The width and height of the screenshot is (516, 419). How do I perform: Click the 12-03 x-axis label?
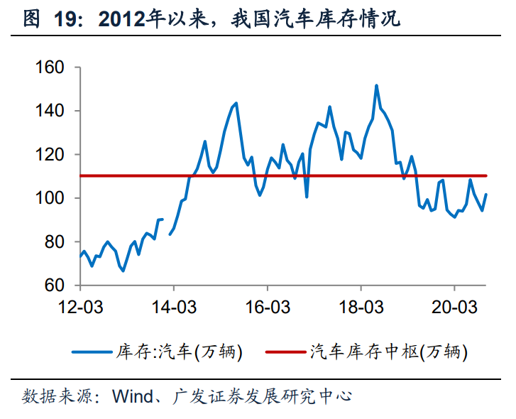[79, 306]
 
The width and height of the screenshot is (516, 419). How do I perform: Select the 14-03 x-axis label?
[173, 306]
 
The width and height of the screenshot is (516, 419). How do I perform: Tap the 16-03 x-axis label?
[267, 306]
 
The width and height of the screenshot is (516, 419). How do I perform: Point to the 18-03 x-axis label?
[361, 306]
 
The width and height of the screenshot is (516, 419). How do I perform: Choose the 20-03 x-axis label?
[454, 306]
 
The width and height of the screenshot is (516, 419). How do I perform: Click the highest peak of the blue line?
[376, 86]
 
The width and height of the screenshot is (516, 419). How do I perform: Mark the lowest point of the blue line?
[123, 271]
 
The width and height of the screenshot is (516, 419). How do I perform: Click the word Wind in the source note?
[132, 396]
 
